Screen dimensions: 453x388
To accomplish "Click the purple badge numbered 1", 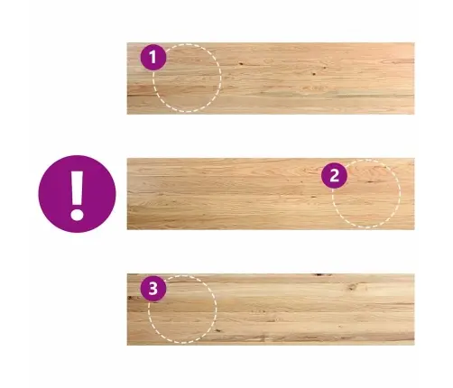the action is click(x=153, y=57).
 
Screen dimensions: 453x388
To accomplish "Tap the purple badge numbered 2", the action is click(x=334, y=176).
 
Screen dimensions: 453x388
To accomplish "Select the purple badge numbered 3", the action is click(x=153, y=288).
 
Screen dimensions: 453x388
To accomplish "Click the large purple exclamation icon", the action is click(x=77, y=194).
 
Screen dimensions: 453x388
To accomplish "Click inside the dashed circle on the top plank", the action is click(x=187, y=78).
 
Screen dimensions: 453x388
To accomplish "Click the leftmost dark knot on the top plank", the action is click(x=241, y=63).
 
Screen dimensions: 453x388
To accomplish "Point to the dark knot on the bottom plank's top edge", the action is click(x=322, y=274).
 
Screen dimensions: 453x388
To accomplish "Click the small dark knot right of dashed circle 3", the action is click(x=218, y=330).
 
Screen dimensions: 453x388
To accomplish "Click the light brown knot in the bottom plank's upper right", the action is click(x=352, y=287).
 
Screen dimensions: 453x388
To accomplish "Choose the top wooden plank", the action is click(x=271, y=79).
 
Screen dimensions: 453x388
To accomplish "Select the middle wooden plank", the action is click(x=271, y=194).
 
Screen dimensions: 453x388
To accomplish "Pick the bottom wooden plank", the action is click(x=271, y=309).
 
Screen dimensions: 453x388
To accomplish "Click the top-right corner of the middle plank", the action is click(x=414, y=158).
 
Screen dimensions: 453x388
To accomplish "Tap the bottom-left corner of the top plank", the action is click(x=127, y=114).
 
